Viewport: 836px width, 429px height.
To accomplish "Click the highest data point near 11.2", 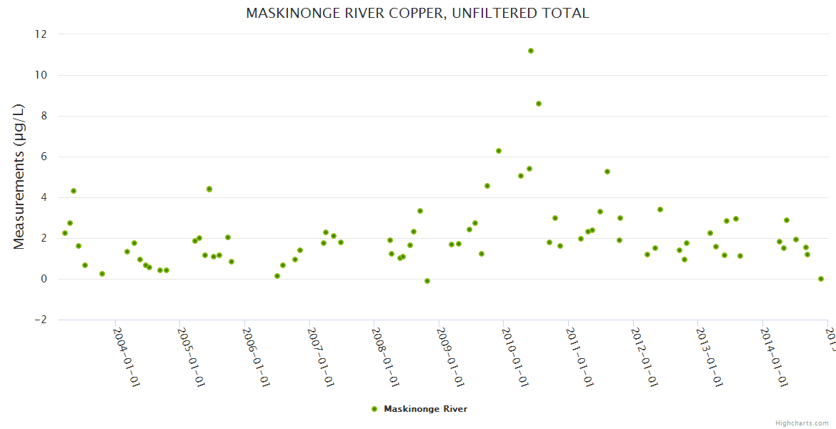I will pyautogui.click(x=531, y=51).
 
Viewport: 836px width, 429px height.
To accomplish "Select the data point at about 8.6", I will pyautogui.click(x=539, y=104).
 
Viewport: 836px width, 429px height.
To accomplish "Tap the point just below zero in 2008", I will pyautogui.click(x=427, y=281).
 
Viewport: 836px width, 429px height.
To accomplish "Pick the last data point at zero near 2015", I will pyautogui.click(x=821, y=279).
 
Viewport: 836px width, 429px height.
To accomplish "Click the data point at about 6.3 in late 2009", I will pyautogui.click(x=499, y=151).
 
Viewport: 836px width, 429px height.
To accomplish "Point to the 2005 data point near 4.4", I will pyautogui.click(x=209, y=189).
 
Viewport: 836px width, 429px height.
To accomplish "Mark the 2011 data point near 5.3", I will pyautogui.click(x=607, y=172).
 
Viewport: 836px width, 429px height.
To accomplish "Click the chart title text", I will pyautogui.click(x=417, y=14).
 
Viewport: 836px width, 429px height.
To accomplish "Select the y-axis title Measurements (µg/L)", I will pyautogui.click(x=19, y=177).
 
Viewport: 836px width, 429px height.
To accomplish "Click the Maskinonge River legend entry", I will pyautogui.click(x=425, y=409).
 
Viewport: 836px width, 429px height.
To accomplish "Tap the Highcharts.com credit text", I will pyautogui.click(x=802, y=423).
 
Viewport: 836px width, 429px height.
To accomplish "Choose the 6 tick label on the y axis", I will pyautogui.click(x=44, y=157).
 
